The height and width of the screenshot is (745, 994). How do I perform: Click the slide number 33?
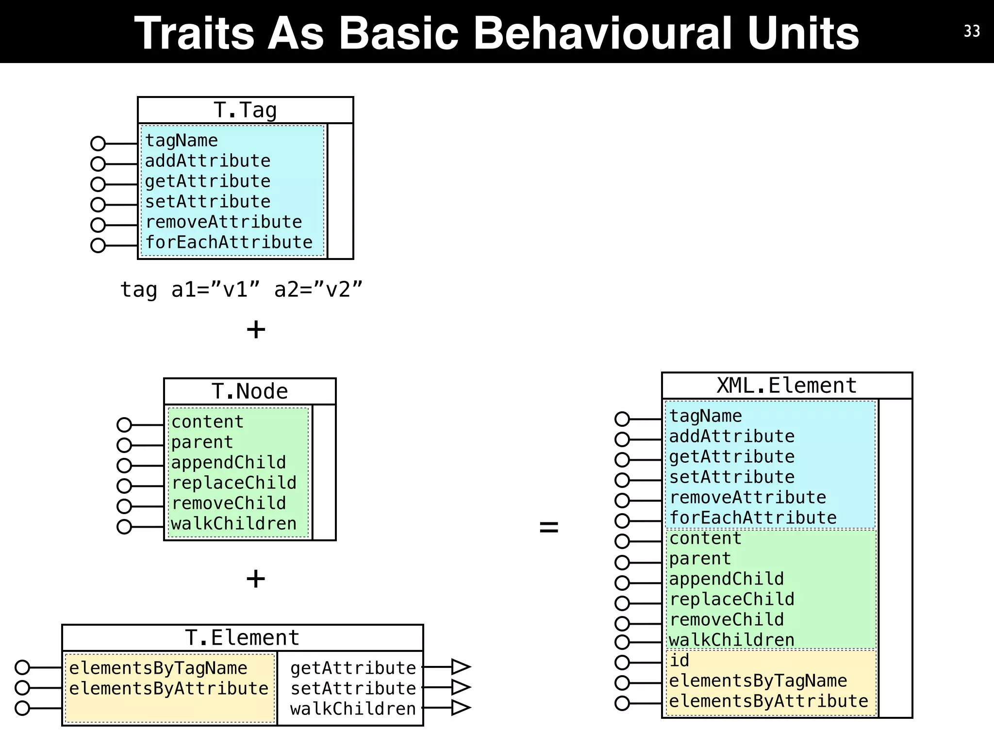click(x=972, y=31)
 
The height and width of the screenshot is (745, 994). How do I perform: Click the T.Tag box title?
click(x=245, y=110)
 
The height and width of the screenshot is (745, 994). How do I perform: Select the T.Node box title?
click(x=249, y=391)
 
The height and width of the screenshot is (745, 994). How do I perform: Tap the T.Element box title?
click(x=242, y=637)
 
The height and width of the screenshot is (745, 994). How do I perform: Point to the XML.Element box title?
click(x=786, y=386)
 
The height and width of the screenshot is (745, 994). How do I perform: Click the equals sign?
click(x=549, y=527)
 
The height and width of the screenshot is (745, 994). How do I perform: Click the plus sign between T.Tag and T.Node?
click(x=256, y=330)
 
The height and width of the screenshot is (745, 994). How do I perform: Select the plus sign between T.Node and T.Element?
click(x=256, y=579)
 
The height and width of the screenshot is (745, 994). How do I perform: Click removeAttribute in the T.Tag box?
click(x=224, y=222)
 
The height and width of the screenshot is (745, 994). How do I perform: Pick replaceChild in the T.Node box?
click(x=233, y=483)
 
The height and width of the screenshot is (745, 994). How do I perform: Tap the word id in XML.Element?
click(x=679, y=660)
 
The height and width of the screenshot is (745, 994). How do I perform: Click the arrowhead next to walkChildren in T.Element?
click(x=460, y=708)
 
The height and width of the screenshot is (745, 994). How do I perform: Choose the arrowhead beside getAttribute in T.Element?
click(x=460, y=667)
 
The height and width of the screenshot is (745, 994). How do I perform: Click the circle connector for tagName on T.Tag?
click(x=98, y=144)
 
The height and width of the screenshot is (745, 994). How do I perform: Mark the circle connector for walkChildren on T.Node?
click(x=124, y=527)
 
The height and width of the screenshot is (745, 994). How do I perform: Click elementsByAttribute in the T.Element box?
click(x=168, y=688)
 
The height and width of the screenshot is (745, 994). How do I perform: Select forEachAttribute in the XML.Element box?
click(x=753, y=518)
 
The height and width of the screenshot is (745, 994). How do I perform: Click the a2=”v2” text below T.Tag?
click(x=318, y=290)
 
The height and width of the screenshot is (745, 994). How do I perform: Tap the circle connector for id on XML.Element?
click(x=622, y=663)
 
